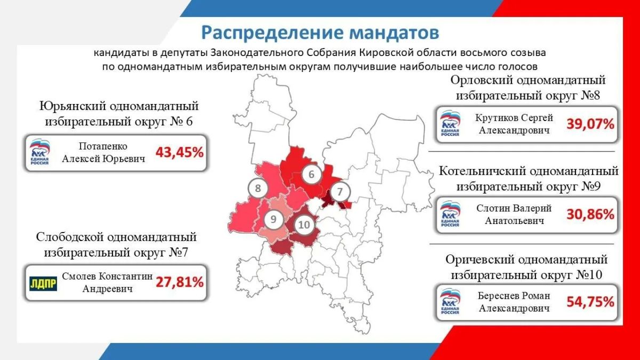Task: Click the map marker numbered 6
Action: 311,174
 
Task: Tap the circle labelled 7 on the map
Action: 340,191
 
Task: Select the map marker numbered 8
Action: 258,188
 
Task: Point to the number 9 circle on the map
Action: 274,219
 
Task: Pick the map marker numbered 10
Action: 304,225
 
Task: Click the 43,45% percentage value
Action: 179,153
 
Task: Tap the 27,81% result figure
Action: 179,282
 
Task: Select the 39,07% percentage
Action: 590,124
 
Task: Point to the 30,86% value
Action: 590,214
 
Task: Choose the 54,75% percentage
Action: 590,302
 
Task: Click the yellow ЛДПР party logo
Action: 43,283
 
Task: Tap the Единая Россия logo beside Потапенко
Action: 39,152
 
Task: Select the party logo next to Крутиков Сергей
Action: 450,123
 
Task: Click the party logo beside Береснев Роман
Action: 450,301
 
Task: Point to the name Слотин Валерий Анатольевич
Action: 514,214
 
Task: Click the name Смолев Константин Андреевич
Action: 107,282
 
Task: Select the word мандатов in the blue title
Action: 394,33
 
